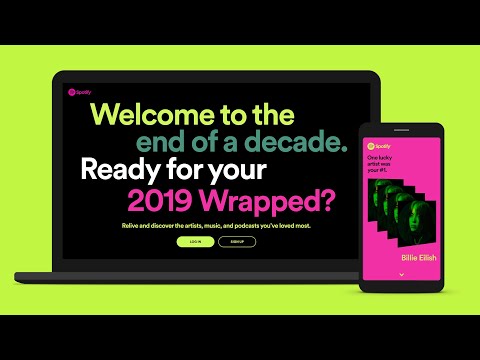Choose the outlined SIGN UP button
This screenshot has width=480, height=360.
[x=236, y=242]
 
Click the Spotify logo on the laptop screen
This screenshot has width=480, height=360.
[x=79, y=93]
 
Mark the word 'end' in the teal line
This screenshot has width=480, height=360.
[x=161, y=141]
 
